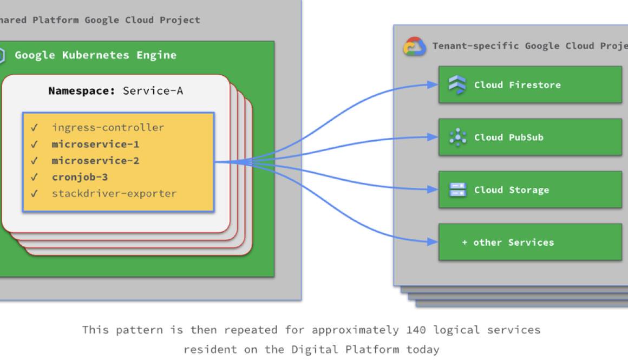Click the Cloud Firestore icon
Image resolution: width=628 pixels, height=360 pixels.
(x=457, y=85)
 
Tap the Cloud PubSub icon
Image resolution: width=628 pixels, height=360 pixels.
(x=458, y=138)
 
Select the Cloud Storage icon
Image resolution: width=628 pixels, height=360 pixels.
(x=458, y=190)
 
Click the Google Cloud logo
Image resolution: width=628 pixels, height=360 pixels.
(x=415, y=47)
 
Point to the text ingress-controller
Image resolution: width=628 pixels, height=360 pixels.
(x=108, y=128)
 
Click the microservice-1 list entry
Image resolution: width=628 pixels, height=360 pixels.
(x=95, y=145)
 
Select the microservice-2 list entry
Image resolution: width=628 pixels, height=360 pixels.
(x=95, y=161)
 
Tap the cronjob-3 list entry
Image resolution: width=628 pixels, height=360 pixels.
(x=80, y=177)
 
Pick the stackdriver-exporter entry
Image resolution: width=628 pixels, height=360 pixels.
(x=114, y=193)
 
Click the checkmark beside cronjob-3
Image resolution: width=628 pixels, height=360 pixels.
(x=35, y=177)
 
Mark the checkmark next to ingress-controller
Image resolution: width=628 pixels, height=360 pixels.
(x=35, y=128)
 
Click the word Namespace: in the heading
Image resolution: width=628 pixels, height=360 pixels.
(x=82, y=91)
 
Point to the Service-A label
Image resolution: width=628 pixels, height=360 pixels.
(x=153, y=91)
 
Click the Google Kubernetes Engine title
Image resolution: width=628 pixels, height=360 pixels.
(x=95, y=55)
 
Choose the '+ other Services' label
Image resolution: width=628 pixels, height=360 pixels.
(x=508, y=243)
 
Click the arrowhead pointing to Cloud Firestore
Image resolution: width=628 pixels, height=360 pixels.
(x=433, y=84)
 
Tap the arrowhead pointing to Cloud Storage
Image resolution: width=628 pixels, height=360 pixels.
(x=433, y=189)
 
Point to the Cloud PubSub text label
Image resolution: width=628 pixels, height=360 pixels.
(x=508, y=138)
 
